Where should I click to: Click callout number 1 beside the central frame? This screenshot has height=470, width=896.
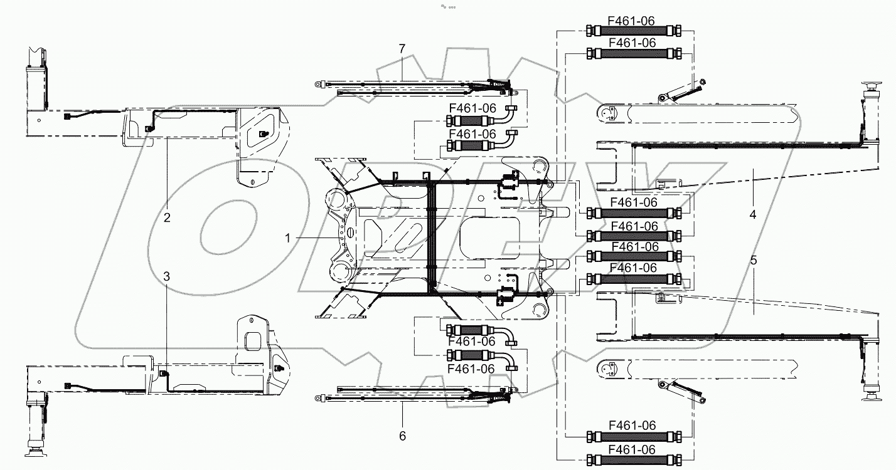tap(287, 238)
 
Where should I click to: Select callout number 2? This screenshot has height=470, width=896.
tap(167, 218)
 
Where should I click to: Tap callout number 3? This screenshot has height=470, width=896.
tap(167, 276)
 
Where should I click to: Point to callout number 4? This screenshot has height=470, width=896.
tap(753, 214)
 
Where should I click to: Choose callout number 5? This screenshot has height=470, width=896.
tap(753, 259)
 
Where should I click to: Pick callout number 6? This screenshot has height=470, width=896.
tap(403, 435)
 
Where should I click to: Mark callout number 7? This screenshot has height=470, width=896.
tap(402, 48)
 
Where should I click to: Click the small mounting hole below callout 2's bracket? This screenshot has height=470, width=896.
tap(253, 182)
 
